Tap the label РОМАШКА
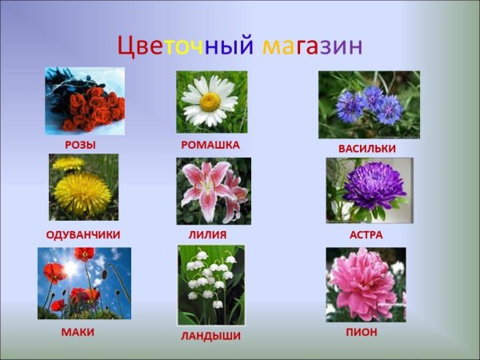[210, 145]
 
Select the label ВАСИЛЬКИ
[366, 149]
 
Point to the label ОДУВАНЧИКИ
[83, 234]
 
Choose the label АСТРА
[366, 234]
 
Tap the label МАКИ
[78, 332]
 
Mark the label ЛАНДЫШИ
[210, 336]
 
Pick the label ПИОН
[362, 332]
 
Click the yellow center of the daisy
[210, 102]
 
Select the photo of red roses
[85, 101]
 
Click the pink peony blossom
[364, 284]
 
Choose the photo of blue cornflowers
[369, 105]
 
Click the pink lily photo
[213, 190]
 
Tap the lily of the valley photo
[210, 285]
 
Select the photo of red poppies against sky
[84, 283]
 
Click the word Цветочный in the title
[186, 45]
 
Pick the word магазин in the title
[313, 45]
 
